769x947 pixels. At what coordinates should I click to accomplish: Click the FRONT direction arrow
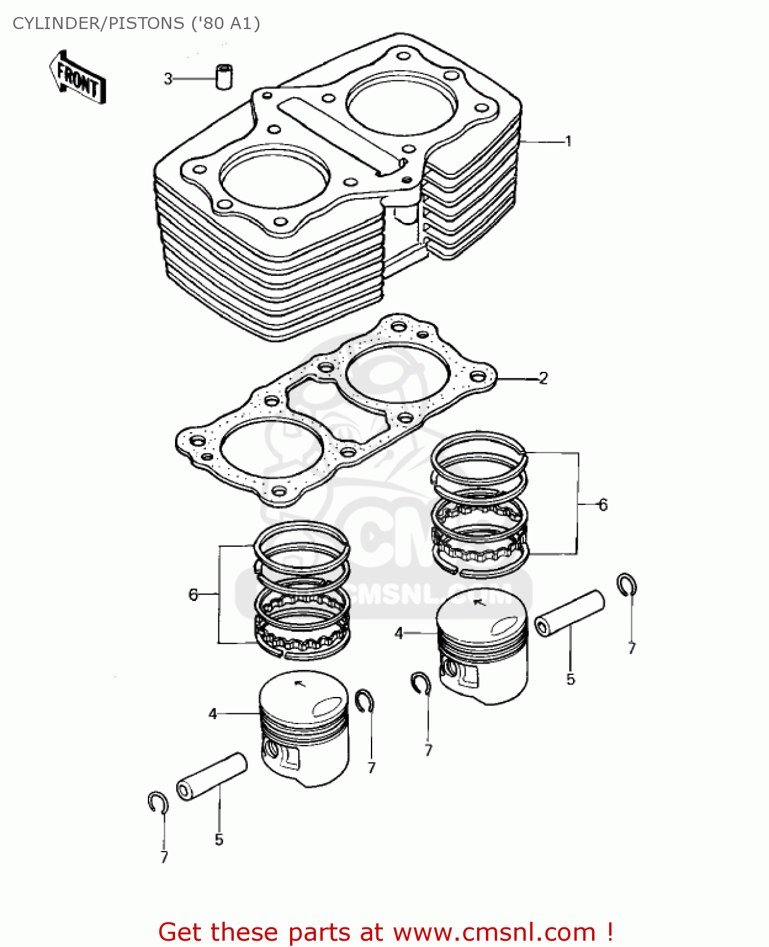coord(78,78)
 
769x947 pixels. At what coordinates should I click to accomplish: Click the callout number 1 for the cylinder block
coord(568,141)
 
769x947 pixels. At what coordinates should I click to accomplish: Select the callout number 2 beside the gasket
coord(543,378)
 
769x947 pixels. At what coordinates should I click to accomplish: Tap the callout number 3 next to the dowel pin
coord(168,79)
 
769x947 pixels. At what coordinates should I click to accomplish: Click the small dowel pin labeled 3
coord(223,76)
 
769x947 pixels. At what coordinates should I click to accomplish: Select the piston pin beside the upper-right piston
coord(569,612)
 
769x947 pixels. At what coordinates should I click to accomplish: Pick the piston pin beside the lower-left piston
coord(211,777)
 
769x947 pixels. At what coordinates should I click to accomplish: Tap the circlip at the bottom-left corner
coord(157,802)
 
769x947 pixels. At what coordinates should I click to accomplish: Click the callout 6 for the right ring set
coord(603,505)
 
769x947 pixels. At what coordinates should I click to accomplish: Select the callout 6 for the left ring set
coord(193,595)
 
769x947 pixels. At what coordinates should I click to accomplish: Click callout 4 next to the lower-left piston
coord(213,713)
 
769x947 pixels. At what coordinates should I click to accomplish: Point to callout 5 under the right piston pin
coord(571,679)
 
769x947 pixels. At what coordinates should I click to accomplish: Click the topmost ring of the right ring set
coord(478,444)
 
